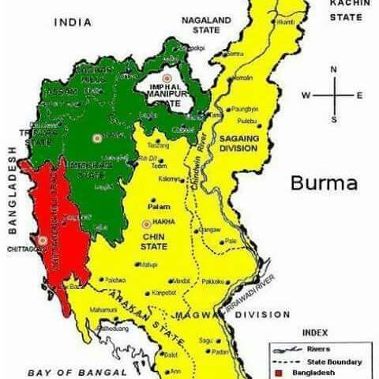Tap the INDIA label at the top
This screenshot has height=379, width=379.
point(73,23)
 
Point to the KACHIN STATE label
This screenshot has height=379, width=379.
point(347,9)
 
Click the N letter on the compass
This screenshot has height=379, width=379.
point(333,69)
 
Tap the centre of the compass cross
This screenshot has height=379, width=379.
point(333,95)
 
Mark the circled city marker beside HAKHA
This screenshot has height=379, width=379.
point(147,223)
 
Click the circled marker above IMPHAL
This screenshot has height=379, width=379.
point(167,78)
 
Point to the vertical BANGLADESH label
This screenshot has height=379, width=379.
point(12,189)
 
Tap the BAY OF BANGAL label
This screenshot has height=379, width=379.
point(76,371)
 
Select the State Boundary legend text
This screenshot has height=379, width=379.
point(325,361)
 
